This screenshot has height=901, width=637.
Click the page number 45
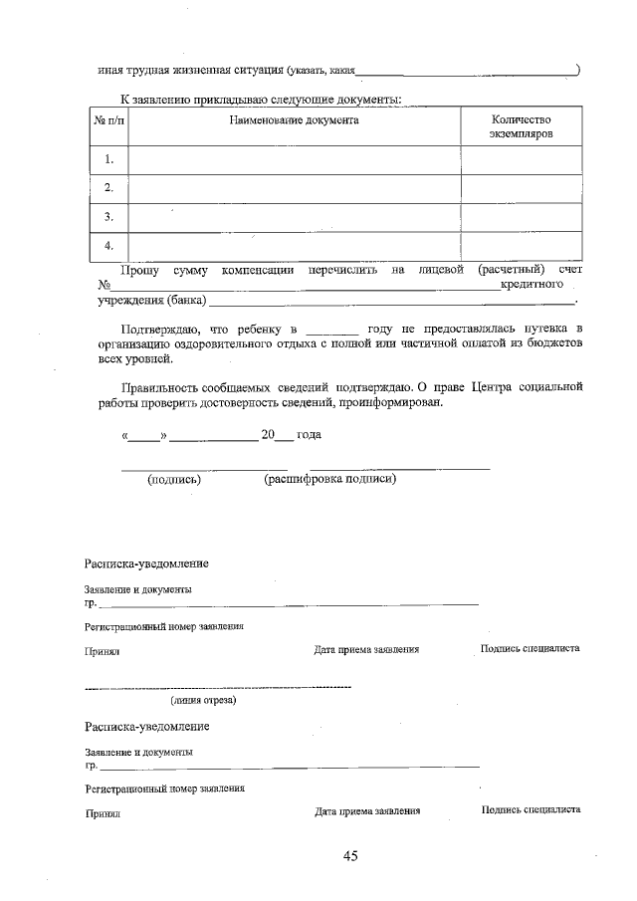pyautogui.click(x=349, y=856)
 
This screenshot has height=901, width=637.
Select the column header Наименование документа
pyautogui.click(x=294, y=119)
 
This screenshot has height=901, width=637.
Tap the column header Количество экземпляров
pyautogui.click(x=521, y=125)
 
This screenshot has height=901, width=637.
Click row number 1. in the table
pyautogui.click(x=108, y=159)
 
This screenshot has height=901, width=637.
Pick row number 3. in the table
pyautogui.click(x=108, y=216)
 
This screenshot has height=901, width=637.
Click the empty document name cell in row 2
pyautogui.click(x=294, y=187)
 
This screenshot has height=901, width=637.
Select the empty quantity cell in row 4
pyautogui.click(x=521, y=245)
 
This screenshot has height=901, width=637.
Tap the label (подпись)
pyautogui.click(x=174, y=479)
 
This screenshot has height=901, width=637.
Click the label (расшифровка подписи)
pyautogui.click(x=329, y=479)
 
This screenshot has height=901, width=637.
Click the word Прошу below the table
pyautogui.click(x=139, y=270)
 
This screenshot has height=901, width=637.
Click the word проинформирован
pyautogui.click(x=385, y=402)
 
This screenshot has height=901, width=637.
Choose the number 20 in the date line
pyautogui.click(x=267, y=435)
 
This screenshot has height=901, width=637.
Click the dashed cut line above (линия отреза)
pyautogui.click(x=218, y=688)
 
